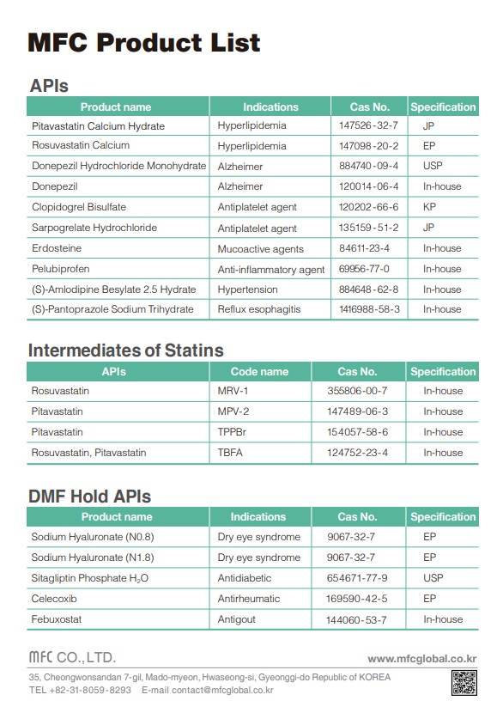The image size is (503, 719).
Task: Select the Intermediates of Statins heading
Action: (x=126, y=350)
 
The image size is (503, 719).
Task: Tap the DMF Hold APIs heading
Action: (x=89, y=496)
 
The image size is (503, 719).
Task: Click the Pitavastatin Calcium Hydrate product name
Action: (x=98, y=126)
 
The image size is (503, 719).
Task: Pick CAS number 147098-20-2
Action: (x=369, y=146)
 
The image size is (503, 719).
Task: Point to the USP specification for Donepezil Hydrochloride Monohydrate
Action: (x=433, y=166)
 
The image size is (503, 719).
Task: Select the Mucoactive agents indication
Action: (x=260, y=249)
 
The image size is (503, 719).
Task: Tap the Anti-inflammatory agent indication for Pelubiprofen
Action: (x=270, y=269)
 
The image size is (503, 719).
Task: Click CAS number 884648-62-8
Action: (x=369, y=289)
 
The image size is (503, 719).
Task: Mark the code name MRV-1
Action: (x=233, y=391)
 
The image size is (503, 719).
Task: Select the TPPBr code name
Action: (x=233, y=432)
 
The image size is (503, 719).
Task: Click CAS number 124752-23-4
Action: (x=358, y=453)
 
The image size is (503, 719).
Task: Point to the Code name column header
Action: (x=259, y=372)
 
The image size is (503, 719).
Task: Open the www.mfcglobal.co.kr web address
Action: (x=421, y=659)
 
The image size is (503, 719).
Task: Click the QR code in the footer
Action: (x=464, y=683)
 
